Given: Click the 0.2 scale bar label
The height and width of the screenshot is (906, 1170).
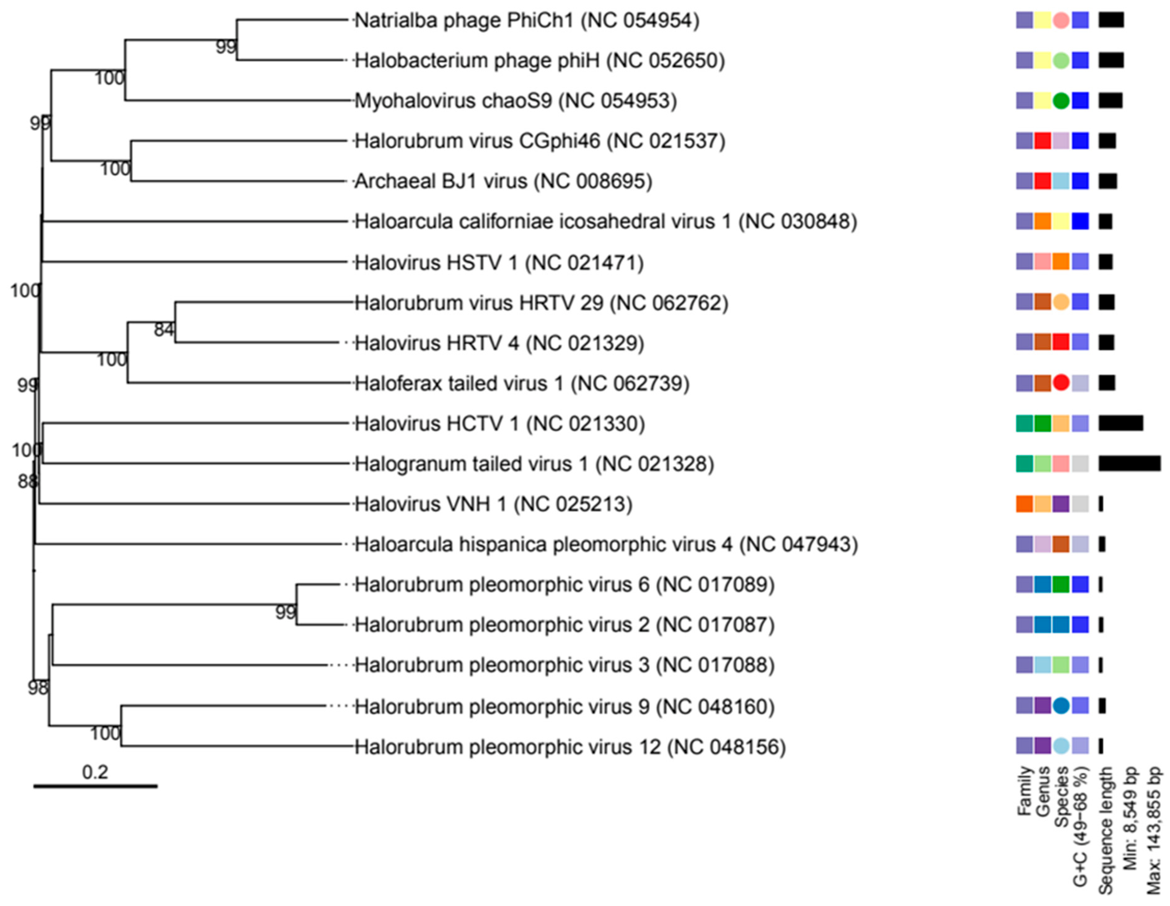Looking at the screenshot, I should point(95,772).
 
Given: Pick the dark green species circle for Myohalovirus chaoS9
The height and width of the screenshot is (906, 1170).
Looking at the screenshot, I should point(1061,101).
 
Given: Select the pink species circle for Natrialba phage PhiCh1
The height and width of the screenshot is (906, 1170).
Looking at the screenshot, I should point(1061,20).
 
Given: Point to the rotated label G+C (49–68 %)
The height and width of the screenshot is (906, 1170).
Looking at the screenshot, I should point(1080,826).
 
